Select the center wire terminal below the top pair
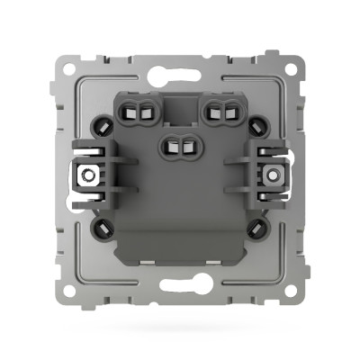(179, 144)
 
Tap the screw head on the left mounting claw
(91, 176)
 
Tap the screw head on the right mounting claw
(268, 176)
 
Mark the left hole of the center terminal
(173, 144)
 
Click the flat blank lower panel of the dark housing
(179, 225)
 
